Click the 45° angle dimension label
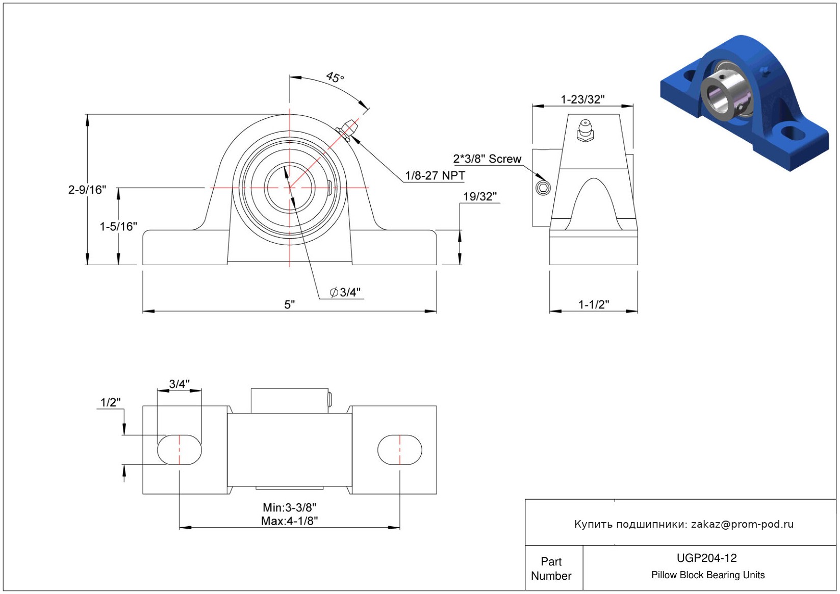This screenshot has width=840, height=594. [x=335, y=78]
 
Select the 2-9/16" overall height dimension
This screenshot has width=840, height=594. [x=87, y=190]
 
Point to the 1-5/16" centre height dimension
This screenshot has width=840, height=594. [x=118, y=226]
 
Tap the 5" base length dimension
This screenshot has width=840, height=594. [x=289, y=304]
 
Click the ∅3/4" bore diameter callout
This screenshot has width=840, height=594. [x=345, y=292]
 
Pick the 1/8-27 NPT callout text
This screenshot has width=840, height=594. [x=435, y=176]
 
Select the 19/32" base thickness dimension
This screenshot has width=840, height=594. [x=479, y=197]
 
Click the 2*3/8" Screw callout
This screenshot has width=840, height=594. [x=487, y=159]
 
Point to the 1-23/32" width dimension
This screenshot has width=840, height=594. [x=582, y=99]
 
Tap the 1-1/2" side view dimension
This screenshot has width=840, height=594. [x=593, y=304]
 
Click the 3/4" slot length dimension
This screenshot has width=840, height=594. [x=179, y=384]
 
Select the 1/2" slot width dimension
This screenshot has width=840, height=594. [x=111, y=402]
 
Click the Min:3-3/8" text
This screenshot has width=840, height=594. [x=289, y=507]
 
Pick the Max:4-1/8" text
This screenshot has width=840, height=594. [x=289, y=521]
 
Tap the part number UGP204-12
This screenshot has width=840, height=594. [x=706, y=558]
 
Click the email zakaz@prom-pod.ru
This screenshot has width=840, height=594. [x=742, y=524]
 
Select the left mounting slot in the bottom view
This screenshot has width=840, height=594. [x=179, y=450]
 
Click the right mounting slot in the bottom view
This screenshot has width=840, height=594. [x=400, y=450]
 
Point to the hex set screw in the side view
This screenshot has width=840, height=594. [x=543, y=188]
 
